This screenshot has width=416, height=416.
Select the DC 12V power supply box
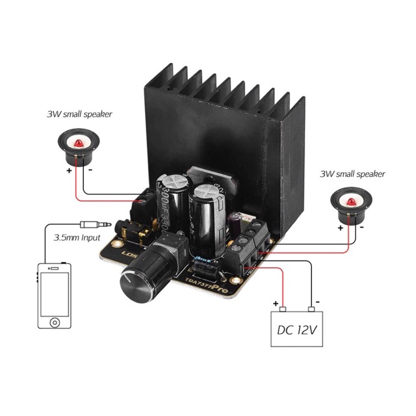coord(298,330)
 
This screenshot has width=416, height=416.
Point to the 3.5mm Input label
coord(77,238)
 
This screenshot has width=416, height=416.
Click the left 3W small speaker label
coord(79,114)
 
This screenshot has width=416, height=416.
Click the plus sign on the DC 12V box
coord(276,303)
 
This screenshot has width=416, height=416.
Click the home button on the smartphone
coord(54,323)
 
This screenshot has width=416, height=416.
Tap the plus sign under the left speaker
coord(68,171)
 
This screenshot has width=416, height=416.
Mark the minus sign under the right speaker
coord(361,228)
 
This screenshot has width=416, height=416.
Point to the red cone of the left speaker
coord(78,142)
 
